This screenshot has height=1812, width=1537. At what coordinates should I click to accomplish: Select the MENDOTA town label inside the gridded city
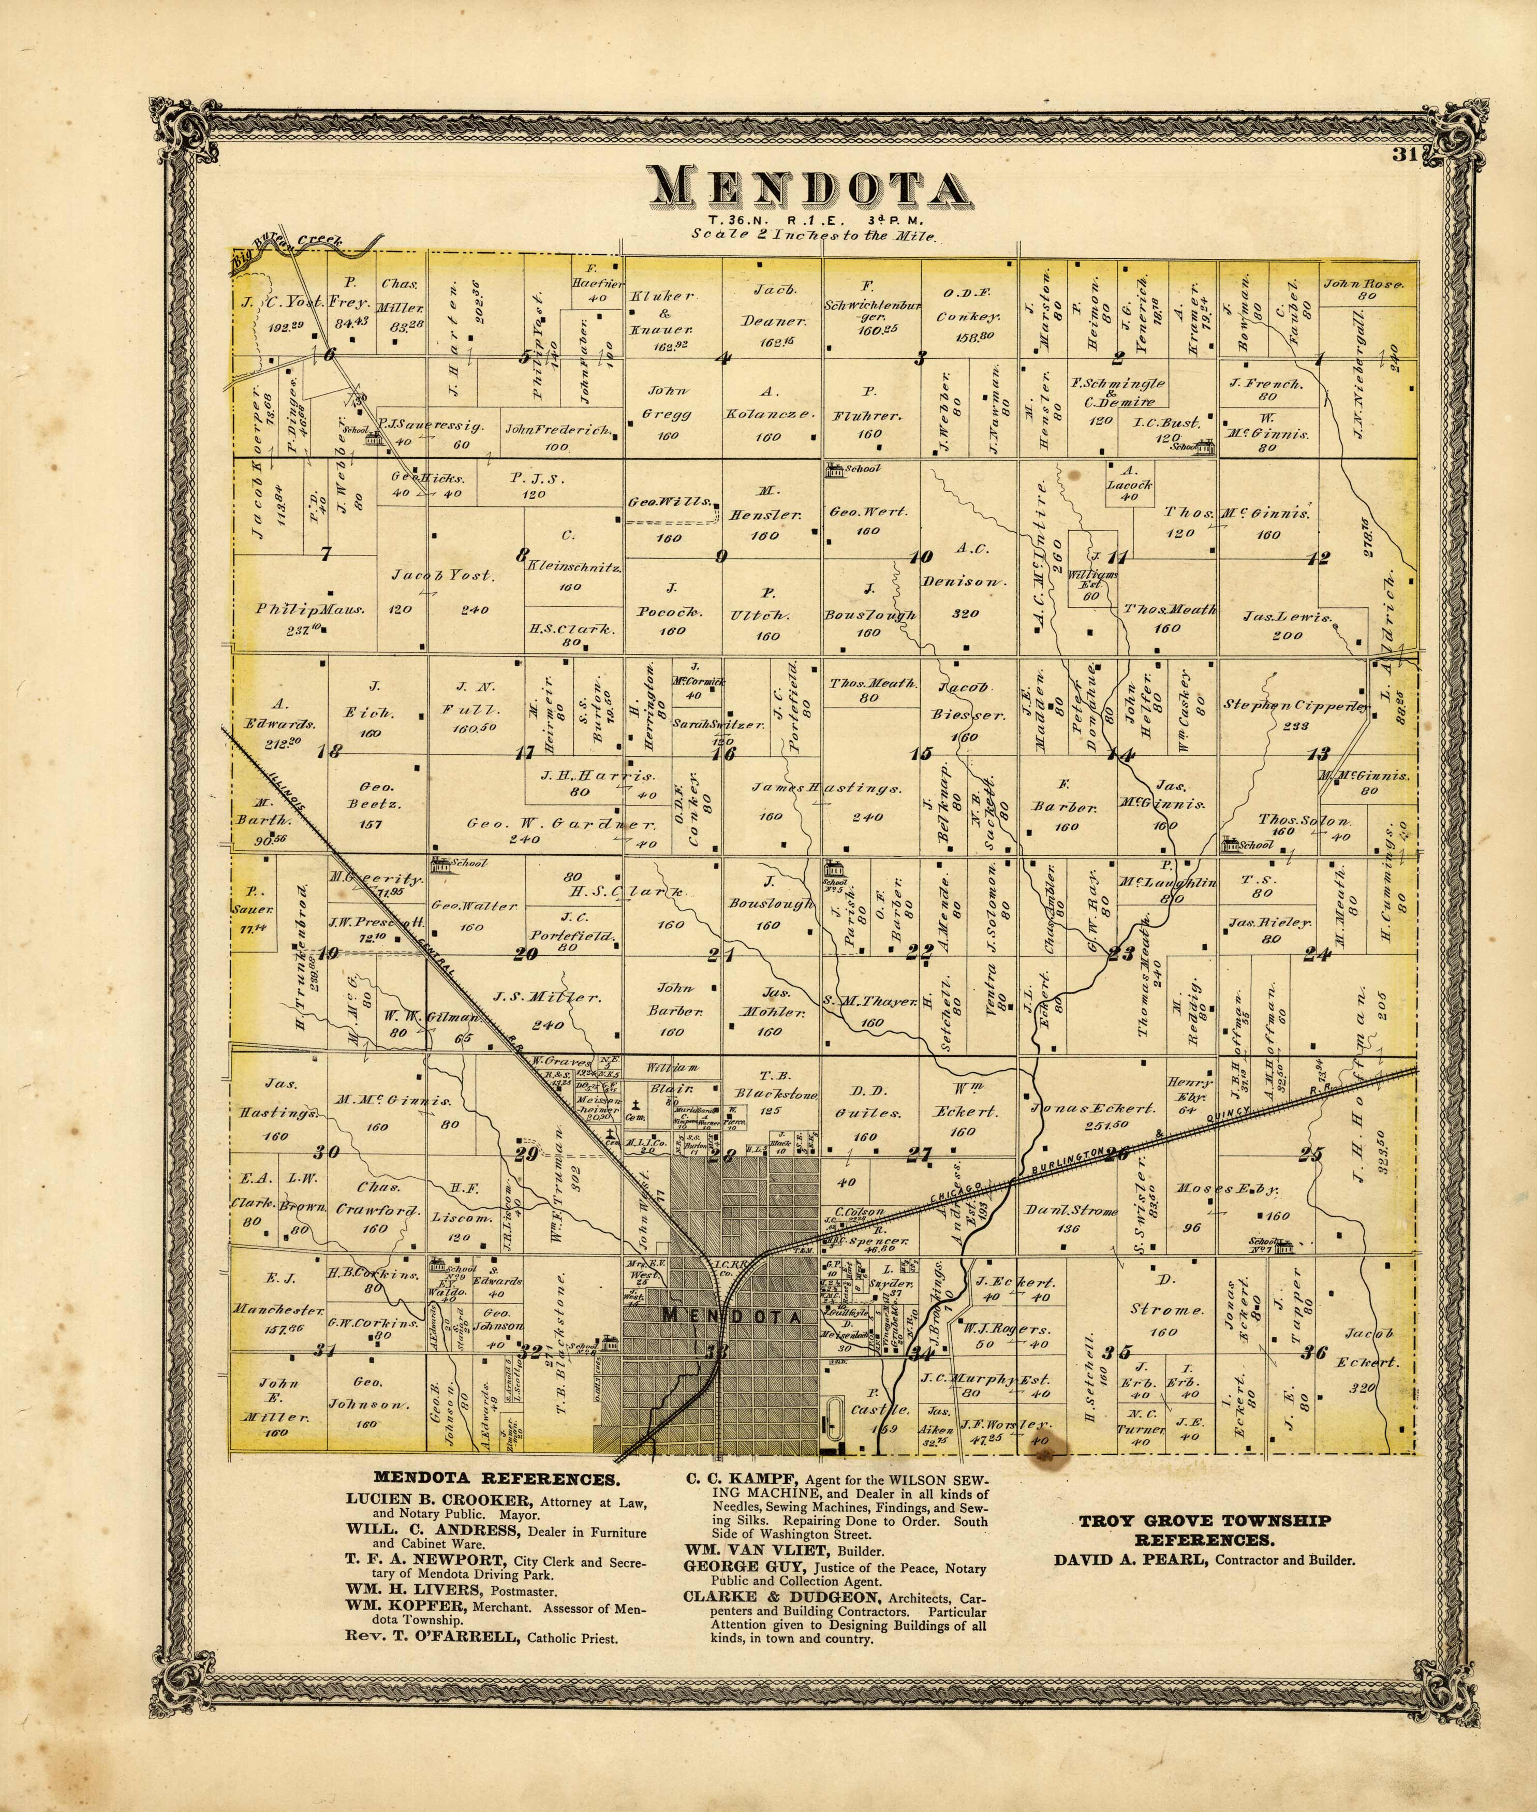coord(732,1316)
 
